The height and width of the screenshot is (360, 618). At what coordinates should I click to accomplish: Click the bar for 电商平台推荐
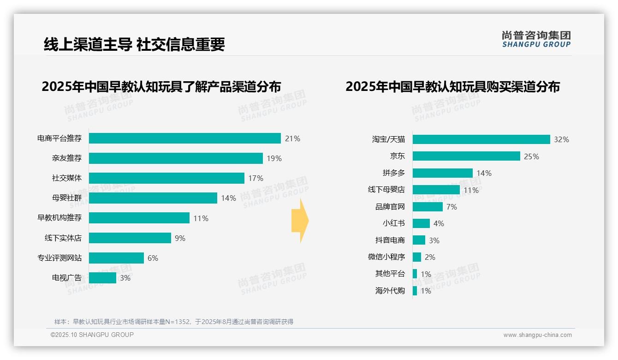[x=184, y=138]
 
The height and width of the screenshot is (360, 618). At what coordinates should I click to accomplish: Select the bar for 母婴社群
[x=153, y=198]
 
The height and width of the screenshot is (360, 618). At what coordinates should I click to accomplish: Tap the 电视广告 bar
[x=102, y=278]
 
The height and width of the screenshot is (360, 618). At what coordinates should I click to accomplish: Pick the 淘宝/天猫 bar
[x=481, y=139]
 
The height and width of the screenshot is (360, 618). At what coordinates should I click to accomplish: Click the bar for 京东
[x=466, y=156]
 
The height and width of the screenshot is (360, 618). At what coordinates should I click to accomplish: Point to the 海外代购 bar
[x=415, y=291]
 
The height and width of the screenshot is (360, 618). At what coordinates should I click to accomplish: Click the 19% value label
[x=274, y=158]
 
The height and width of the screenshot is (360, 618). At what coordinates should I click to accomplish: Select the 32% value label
[x=561, y=139]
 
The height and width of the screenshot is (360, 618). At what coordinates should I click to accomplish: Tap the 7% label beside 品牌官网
[x=452, y=207]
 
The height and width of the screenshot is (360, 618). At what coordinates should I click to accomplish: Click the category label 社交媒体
[x=66, y=178]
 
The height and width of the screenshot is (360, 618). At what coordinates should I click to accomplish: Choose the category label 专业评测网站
[x=59, y=258]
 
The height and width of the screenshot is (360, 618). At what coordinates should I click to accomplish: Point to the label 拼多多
[x=393, y=173]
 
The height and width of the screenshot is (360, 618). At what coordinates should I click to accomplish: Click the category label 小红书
[x=393, y=223]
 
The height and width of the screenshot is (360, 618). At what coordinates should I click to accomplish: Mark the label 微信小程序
[x=386, y=257]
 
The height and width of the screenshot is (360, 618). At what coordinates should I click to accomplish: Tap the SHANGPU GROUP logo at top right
[x=536, y=39]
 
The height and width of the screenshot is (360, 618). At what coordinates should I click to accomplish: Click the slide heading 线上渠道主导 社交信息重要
[x=134, y=44]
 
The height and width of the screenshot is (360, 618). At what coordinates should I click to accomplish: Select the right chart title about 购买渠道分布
[x=452, y=87]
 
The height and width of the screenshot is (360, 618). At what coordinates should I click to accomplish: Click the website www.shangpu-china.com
[x=537, y=335]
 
